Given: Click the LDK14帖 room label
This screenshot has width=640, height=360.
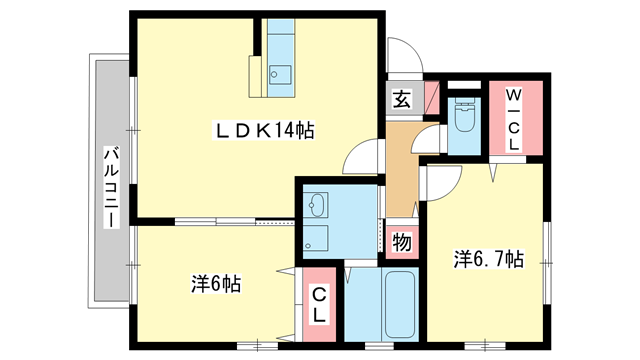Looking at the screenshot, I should coord(263,130).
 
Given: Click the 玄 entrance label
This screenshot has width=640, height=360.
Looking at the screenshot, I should coord(400,99).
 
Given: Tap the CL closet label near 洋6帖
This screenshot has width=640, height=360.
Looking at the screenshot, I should coord(319,305).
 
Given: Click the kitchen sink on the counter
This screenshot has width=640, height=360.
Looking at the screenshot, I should coord(279,73).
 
